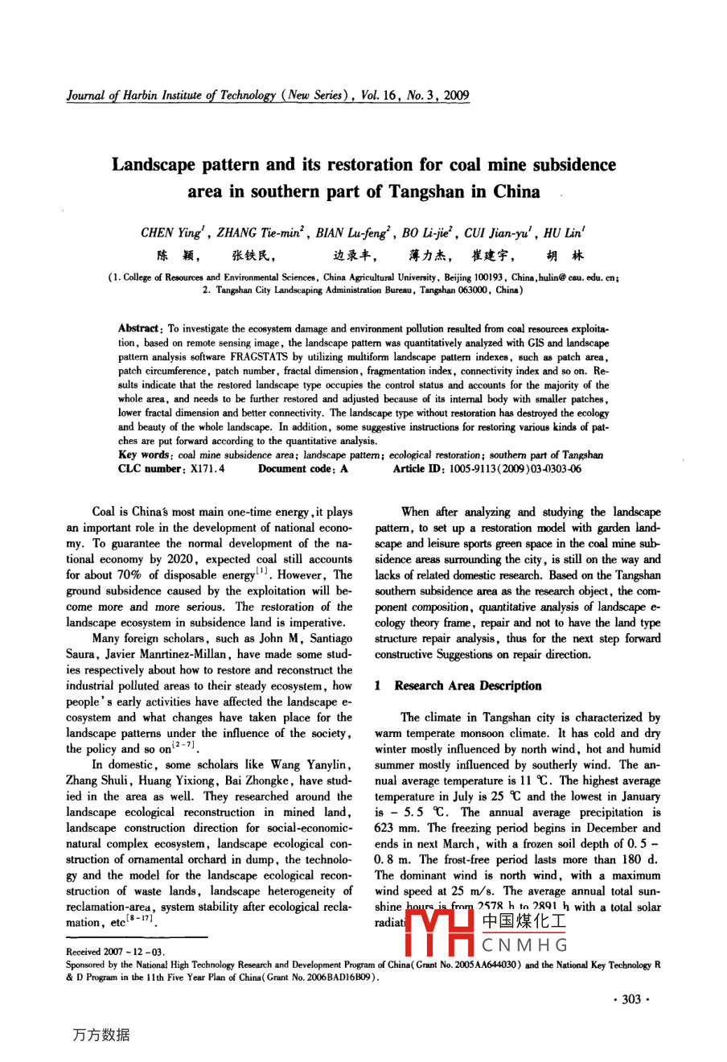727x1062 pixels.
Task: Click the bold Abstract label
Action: point(138,328)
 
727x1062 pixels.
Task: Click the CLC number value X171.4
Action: point(207,469)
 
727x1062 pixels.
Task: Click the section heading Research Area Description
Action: point(467,685)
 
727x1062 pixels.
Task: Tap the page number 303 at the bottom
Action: point(631,998)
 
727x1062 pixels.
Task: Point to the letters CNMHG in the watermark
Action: point(524,945)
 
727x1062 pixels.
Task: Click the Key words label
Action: point(145,455)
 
